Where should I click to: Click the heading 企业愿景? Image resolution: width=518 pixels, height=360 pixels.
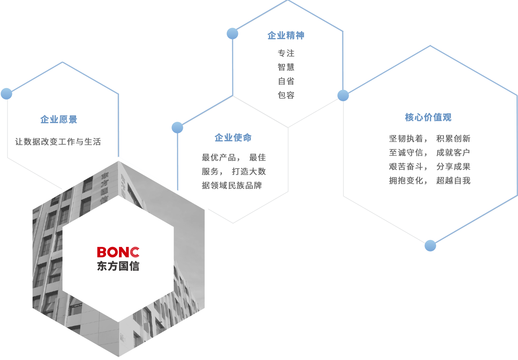[x=58, y=120]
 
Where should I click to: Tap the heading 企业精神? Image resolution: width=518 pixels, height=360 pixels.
[x=286, y=36]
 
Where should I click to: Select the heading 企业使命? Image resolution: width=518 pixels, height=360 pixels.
[x=233, y=138]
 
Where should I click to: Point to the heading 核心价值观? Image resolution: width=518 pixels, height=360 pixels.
[x=428, y=118]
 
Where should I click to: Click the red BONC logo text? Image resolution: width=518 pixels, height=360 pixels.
[x=118, y=252]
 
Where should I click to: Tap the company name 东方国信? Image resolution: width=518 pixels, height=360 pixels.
[x=118, y=266]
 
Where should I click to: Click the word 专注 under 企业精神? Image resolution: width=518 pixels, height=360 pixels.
[x=286, y=53]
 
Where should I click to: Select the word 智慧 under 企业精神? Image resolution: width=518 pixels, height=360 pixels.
[x=286, y=67]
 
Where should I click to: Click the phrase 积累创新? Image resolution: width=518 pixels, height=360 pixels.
[x=453, y=139]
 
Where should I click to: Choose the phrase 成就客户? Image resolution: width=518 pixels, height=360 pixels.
[x=453, y=153]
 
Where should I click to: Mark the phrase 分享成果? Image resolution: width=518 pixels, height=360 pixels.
[x=453, y=167]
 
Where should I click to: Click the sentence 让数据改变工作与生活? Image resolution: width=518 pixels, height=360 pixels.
[x=58, y=142]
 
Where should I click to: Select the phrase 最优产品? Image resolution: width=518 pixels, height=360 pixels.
[x=219, y=158]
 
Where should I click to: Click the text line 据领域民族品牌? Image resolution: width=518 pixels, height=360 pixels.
[x=232, y=185]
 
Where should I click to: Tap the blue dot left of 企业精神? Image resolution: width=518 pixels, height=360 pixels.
[x=232, y=34]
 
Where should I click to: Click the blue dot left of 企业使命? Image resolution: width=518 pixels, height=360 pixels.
[x=177, y=128]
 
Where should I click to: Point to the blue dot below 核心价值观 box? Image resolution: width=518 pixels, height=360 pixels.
[x=430, y=246]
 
